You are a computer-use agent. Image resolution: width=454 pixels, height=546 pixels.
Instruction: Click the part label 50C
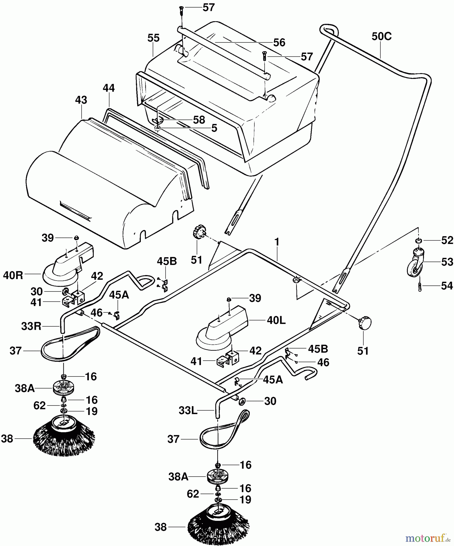pyautogui.click(x=381, y=36)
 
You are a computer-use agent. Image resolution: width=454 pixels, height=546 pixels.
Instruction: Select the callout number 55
pyautogui.click(x=153, y=38)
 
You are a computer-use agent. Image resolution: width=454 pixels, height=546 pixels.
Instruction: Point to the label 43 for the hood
pyautogui.click(x=81, y=100)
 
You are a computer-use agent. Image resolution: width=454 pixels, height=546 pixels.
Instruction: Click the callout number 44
pyautogui.click(x=109, y=88)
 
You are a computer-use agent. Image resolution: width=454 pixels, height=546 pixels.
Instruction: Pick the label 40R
pyautogui.click(x=13, y=275)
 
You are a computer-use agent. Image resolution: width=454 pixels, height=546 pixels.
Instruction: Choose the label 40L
pyautogui.click(x=276, y=320)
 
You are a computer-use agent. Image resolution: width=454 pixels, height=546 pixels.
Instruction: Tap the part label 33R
pyautogui.click(x=31, y=326)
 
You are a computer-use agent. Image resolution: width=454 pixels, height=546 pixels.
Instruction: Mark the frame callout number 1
pyautogui.click(x=276, y=242)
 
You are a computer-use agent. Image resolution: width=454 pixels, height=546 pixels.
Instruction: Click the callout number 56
pyautogui.click(x=279, y=42)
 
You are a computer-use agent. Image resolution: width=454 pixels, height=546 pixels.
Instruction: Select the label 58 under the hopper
pyautogui.click(x=199, y=120)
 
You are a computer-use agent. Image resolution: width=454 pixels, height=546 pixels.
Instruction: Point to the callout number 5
pyautogui.click(x=214, y=128)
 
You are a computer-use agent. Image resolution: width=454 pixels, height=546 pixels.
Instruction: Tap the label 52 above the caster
pyautogui.click(x=447, y=240)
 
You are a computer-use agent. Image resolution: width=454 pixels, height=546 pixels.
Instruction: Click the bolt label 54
pyautogui.click(x=447, y=286)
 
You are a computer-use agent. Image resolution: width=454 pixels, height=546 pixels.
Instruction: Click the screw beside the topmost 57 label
pyautogui.click(x=181, y=10)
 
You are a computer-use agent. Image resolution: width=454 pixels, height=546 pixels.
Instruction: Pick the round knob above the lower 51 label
pyautogui.click(x=365, y=322)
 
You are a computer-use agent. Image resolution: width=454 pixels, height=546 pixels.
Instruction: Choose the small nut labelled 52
pyautogui.click(x=418, y=241)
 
